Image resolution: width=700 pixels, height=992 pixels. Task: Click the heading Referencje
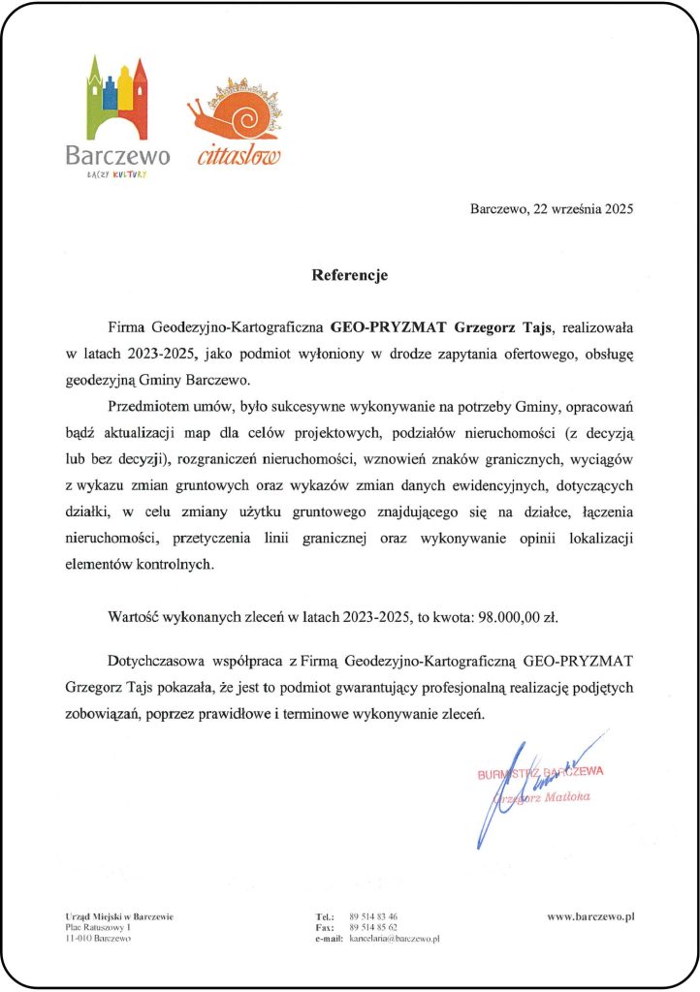[x=349, y=275]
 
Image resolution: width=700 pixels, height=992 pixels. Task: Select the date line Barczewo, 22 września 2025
[x=551, y=208]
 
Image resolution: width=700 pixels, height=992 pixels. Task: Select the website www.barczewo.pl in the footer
[x=589, y=915]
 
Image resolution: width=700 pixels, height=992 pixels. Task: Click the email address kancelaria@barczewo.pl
[x=395, y=939]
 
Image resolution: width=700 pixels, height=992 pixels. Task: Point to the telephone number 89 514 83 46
[x=373, y=915]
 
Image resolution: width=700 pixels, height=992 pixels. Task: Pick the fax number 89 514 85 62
[x=373, y=927]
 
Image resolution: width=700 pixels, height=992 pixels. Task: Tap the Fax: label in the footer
[x=325, y=927]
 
